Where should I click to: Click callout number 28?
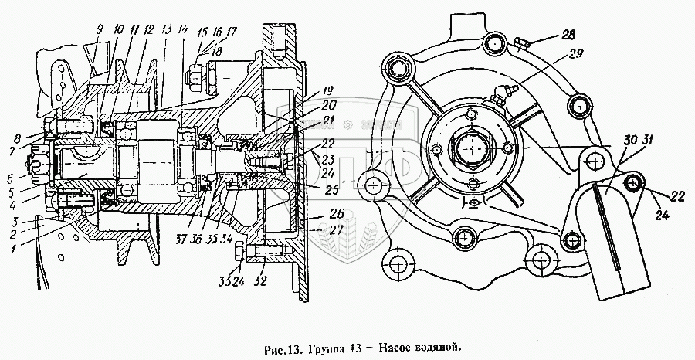point(568,36)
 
